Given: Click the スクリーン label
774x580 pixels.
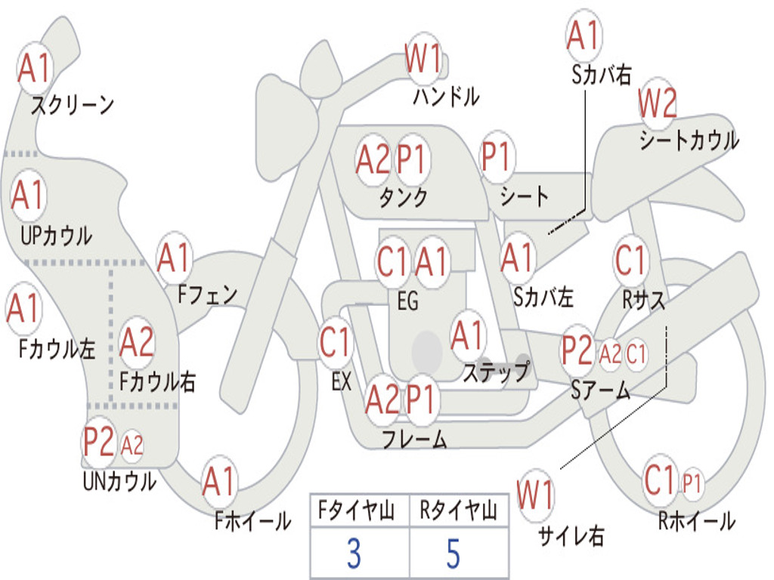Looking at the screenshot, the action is (72, 105).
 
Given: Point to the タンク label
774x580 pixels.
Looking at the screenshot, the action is (403, 197).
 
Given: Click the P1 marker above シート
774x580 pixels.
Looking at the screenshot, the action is (496, 157).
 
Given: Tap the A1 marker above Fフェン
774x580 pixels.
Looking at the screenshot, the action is (175, 258).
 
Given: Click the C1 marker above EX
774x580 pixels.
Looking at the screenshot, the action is (335, 342).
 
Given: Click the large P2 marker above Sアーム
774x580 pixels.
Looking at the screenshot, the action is (577, 350).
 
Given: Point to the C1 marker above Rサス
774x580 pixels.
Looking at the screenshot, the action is (630, 261).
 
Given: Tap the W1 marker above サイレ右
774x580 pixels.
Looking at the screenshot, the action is (535, 495).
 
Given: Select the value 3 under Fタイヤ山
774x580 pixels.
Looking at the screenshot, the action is (353, 554).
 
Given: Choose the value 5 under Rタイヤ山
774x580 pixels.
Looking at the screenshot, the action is (453, 554).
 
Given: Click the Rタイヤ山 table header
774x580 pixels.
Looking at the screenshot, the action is (457, 512).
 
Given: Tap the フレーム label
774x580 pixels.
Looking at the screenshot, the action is (414, 438).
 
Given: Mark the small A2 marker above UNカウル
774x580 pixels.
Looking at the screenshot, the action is (132, 446).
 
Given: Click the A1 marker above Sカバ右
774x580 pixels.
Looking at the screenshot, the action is (583, 35).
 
